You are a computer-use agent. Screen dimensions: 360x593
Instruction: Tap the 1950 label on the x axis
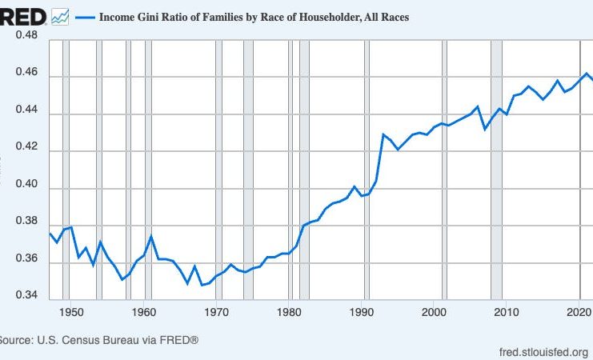[70, 311]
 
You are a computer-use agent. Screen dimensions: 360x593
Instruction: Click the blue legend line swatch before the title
[84, 17]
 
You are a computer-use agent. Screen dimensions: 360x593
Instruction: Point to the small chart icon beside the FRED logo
[60, 16]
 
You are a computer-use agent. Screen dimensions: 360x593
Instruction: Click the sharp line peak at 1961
[151, 237]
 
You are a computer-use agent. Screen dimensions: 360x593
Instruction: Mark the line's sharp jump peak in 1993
[383, 134]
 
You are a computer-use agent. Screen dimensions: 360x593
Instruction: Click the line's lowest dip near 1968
[202, 285]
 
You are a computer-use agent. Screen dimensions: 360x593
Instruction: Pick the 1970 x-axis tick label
[216, 311]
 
